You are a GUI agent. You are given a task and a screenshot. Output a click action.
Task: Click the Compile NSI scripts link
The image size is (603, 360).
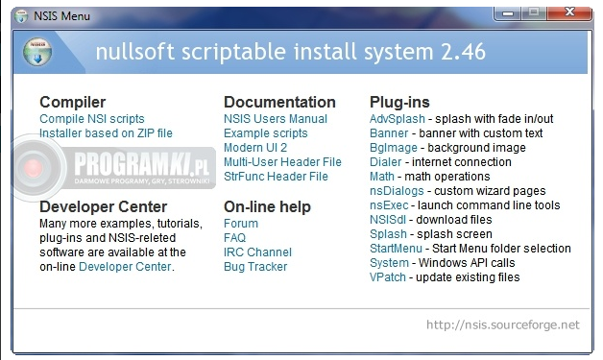click(92, 119)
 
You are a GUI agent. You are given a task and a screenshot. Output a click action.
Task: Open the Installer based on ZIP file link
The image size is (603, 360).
click(106, 133)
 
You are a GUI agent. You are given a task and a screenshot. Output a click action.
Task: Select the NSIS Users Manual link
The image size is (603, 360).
click(276, 119)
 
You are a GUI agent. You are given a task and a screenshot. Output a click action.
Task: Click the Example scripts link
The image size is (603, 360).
click(266, 133)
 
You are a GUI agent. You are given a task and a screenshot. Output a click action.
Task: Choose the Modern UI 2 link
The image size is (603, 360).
click(255, 148)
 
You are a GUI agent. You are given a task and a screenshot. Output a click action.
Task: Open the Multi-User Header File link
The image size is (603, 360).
click(282, 162)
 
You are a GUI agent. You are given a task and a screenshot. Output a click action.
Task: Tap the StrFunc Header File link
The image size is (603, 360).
click(276, 177)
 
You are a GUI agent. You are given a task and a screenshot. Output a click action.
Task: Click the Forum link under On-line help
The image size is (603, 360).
click(241, 224)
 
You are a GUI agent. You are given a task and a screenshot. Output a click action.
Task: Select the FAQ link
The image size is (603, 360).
click(234, 238)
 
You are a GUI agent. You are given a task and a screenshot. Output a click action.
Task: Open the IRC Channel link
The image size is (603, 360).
click(257, 252)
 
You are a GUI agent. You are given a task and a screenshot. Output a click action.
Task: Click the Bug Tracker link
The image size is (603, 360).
click(255, 267)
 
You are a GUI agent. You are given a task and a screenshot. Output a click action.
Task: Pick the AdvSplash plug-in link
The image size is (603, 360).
click(396, 119)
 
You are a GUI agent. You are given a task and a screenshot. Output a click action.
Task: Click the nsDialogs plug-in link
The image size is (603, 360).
click(397, 191)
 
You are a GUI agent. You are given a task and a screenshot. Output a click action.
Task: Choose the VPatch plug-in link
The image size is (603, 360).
click(389, 277)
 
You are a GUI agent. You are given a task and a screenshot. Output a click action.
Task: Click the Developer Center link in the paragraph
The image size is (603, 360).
click(126, 267)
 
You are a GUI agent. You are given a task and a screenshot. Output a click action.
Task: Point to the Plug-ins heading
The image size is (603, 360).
click(399, 102)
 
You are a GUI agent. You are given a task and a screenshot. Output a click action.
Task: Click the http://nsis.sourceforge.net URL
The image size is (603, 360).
click(502, 324)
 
